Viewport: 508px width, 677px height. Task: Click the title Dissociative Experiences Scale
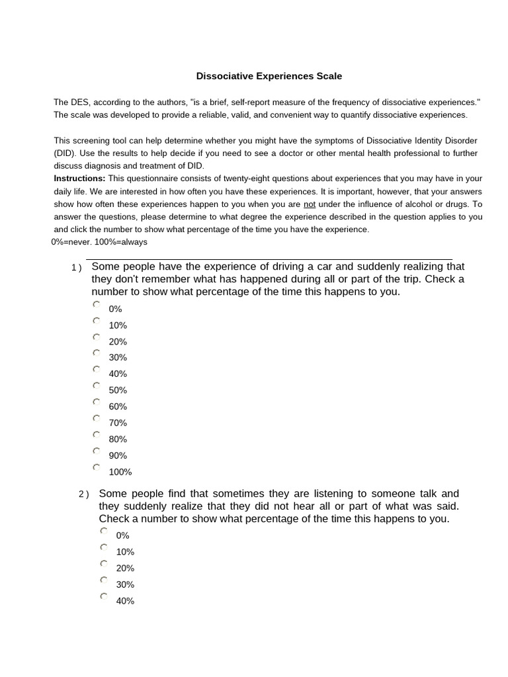[269, 76]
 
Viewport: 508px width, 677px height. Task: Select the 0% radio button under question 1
[97, 305]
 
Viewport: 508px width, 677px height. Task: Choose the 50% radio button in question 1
[97, 385]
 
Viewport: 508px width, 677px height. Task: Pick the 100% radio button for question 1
[97, 467]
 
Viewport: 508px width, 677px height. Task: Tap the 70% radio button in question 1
[97, 418]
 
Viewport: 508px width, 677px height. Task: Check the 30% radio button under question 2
[104, 580]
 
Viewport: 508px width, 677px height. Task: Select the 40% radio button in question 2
[104, 596]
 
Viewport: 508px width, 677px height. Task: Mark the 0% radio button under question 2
[104, 531]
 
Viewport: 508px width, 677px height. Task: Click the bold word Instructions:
[79, 179]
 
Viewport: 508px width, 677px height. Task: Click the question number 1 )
[77, 268]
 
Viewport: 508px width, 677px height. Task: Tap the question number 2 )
[83, 495]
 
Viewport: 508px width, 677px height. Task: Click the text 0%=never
[71, 242]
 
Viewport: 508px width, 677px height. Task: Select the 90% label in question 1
[118, 456]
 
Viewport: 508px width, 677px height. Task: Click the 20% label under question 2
[125, 568]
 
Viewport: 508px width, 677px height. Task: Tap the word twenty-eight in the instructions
[240, 179]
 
